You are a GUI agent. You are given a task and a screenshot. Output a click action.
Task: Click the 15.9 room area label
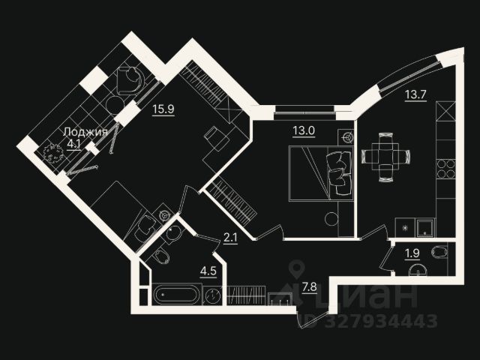[163, 109]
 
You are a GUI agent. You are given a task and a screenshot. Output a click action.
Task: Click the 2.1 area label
[231, 238]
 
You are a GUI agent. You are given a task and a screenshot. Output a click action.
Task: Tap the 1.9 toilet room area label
[412, 252]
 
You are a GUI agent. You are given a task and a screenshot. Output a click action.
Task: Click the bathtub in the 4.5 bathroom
[177, 293]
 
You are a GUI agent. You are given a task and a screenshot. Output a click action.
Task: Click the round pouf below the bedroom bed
[331, 219]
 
